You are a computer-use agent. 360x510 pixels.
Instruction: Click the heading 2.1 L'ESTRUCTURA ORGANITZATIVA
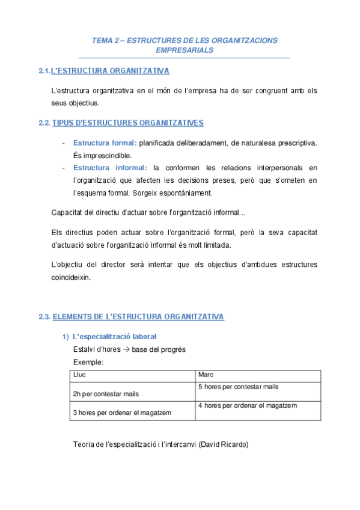click(103, 71)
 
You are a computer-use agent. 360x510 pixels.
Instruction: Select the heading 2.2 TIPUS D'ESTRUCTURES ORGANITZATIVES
click(120, 123)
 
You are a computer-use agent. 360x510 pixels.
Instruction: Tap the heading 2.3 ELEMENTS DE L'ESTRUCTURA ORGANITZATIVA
click(130, 316)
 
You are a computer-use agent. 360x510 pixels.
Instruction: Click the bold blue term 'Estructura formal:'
click(105, 143)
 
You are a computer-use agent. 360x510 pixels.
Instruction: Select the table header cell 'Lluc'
click(79, 375)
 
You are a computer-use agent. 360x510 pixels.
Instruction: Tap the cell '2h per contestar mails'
click(106, 394)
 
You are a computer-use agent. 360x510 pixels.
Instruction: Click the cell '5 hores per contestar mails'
click(238, 387)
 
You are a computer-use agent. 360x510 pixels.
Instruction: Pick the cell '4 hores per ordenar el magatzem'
click(247, 406)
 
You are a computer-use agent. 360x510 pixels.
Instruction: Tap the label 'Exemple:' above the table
click(88, 362)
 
